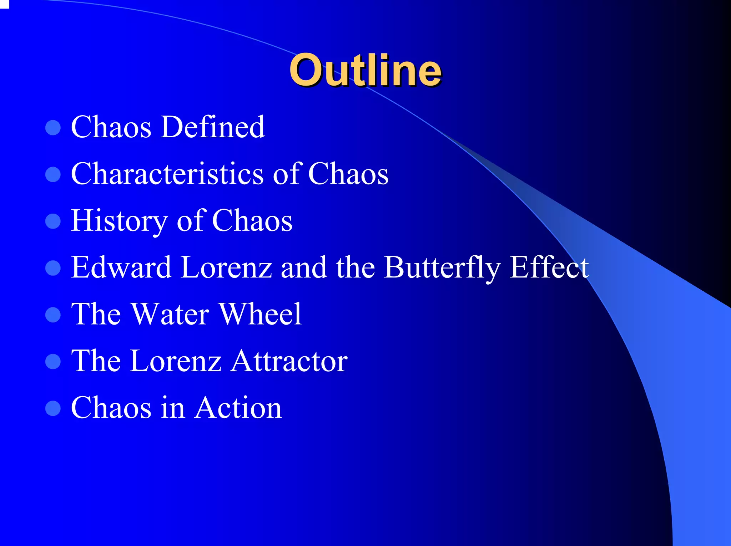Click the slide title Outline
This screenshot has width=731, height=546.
click(365, 70)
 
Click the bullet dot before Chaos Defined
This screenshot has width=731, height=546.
click(53, 128)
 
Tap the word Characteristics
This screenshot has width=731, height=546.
click(167, 174)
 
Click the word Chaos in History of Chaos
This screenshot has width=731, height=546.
click(252, 221)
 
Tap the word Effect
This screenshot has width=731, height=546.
click(549, 267)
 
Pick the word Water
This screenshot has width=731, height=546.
click(170, 314)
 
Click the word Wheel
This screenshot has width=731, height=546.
click(260, 314)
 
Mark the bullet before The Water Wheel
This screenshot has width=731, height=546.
click(53, 315)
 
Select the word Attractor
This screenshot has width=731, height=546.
click(289, 361)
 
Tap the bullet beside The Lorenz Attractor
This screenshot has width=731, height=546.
click(53, 361)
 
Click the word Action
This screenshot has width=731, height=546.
click(238, 408)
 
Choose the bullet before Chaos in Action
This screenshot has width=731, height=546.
click(53, 408)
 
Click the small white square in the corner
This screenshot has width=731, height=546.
click(4, 4)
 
